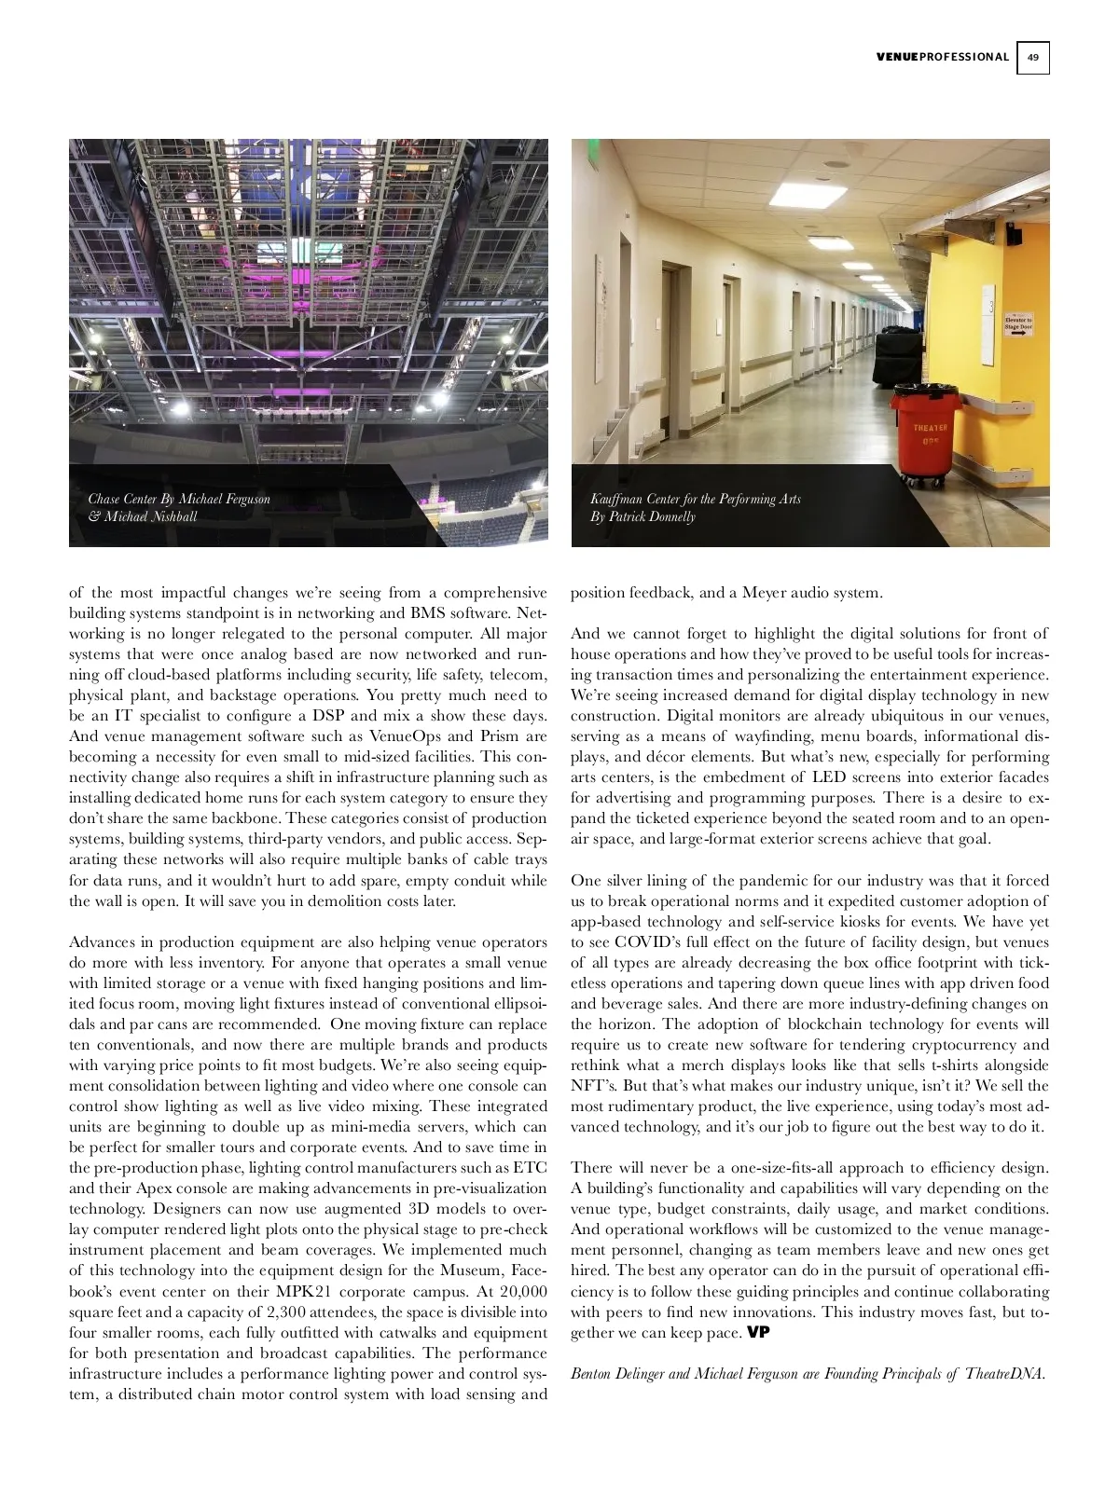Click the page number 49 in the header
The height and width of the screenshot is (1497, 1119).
click(1032, 57)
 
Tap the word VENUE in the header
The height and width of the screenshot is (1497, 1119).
click(897, 57)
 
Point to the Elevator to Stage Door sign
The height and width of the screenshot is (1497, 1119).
click(1017, 325)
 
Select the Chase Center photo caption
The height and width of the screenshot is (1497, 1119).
click(179, 507)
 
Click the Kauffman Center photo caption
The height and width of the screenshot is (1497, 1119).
click(695, 507)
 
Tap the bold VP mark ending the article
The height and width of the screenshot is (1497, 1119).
click(758, 1332)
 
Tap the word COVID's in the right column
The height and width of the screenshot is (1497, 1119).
click(649, 941)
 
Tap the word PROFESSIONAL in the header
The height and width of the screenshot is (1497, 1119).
click(964, 57)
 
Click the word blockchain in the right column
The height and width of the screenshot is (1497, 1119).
click(835, 1023)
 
